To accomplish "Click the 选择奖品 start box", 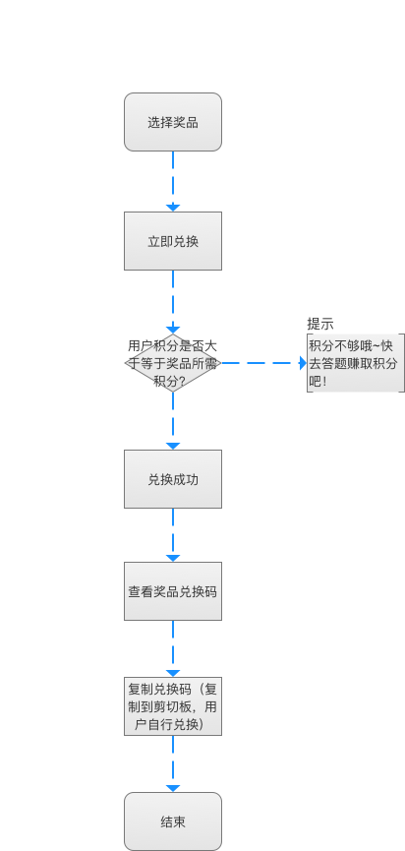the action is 173,122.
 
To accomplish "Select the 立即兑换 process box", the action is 173,241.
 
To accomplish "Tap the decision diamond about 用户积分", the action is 173,363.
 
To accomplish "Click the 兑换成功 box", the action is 173,479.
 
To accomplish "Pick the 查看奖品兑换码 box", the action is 173,591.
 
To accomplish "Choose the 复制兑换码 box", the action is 173,706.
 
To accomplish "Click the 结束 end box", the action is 173,821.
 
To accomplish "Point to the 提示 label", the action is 320,324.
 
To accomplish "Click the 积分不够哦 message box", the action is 356,363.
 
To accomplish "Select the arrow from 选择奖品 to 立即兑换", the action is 173,181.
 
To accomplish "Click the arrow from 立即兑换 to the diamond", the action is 173,302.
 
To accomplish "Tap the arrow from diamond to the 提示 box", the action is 264,363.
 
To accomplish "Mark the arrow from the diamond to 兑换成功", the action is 173,421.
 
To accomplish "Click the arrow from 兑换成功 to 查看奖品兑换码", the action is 173,535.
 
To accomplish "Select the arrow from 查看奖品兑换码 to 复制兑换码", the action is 173,648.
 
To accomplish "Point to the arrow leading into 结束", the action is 173,763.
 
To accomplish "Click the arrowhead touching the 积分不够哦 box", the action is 304,363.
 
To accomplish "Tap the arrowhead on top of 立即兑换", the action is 173,209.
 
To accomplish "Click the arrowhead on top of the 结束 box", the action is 173,789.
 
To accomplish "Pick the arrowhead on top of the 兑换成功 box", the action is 173,447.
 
